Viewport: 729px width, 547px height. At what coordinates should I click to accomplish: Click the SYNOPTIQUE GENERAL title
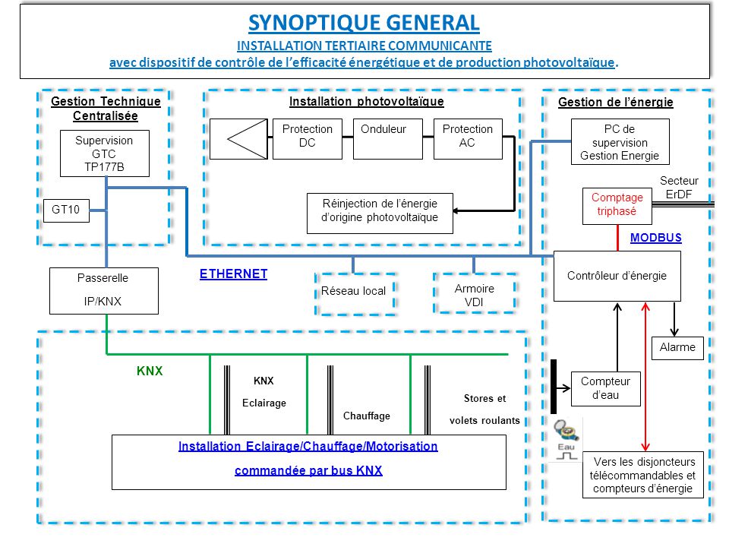(364, 23)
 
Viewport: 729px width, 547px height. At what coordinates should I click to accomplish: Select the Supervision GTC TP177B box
(104, 153)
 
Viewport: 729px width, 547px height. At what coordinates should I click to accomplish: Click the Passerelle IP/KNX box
(103, 290)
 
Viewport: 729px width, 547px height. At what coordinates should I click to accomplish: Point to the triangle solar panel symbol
(238, 138)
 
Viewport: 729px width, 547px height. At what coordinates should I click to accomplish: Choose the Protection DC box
(307, 138)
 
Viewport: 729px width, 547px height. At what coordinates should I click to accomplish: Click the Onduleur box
(387, 138)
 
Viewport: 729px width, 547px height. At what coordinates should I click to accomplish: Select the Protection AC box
(467, 138)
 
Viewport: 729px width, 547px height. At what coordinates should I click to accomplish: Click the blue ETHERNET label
(233, 274)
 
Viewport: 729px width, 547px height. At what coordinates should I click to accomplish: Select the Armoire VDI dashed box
(474, 294)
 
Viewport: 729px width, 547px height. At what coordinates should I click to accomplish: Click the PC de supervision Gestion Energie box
(620, 141)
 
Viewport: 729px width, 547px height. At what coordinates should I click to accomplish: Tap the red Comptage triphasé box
(617, 205)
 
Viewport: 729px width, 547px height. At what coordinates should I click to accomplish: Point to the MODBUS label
(655, 238)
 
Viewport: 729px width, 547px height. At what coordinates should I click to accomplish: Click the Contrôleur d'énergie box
(617, 276)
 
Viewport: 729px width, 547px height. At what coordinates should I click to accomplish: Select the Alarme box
(677, 347)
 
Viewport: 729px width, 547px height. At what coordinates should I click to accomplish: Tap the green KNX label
(150, 372)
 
